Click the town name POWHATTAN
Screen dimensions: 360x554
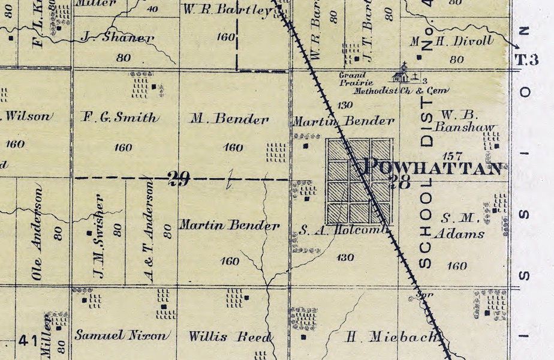433,167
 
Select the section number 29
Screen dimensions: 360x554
179,178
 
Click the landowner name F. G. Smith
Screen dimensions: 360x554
121,118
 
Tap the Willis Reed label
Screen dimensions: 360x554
230,337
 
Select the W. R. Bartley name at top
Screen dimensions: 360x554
226,10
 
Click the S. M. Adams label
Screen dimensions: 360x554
462,226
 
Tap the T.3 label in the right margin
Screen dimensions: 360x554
527,59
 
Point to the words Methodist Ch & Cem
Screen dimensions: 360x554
401,91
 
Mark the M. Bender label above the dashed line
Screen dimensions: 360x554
229,119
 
